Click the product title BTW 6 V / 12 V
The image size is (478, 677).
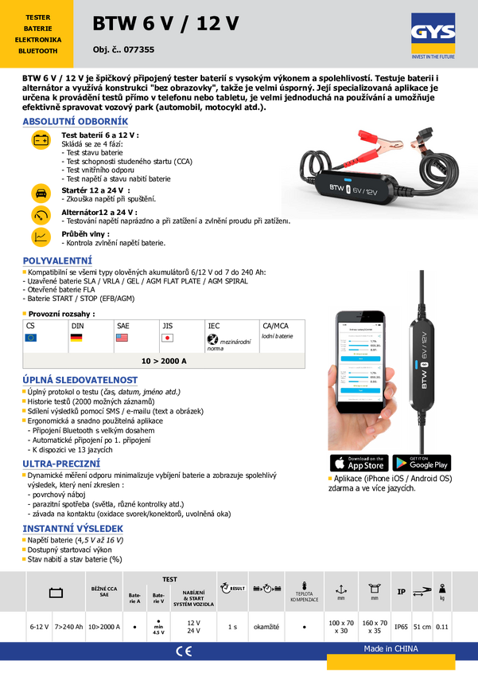tap(165, 25)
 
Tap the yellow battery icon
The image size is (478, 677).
tap(41, 141)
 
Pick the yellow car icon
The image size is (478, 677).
tap(41, 193)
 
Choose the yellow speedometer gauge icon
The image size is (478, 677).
tap(41, 215)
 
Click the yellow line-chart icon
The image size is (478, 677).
tap(41, 237)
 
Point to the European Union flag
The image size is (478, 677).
tap(32, 338)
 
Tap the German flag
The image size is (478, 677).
tap(77, 338)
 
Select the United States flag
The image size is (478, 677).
tap(122, 338)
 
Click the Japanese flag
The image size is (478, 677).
tap(167, 338)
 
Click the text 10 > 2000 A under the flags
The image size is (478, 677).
tap(164, 361)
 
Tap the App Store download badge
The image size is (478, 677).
tap(357, 463)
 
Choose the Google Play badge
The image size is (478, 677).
tap(421, 463)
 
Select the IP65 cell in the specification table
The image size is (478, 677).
tap(402, 627)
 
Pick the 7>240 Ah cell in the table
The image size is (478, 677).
tap(69, 627)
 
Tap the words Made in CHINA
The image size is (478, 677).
tap(391, 648)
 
